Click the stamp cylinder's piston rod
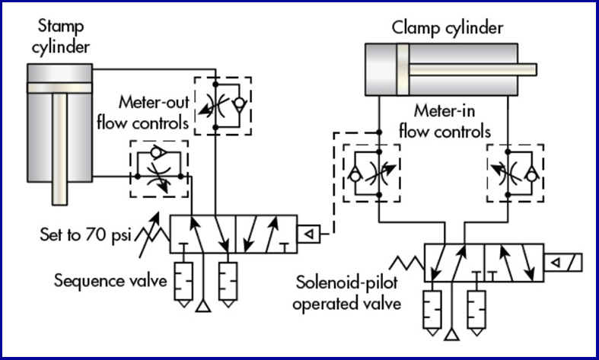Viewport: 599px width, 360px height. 59,152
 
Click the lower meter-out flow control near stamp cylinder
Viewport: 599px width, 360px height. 159,167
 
